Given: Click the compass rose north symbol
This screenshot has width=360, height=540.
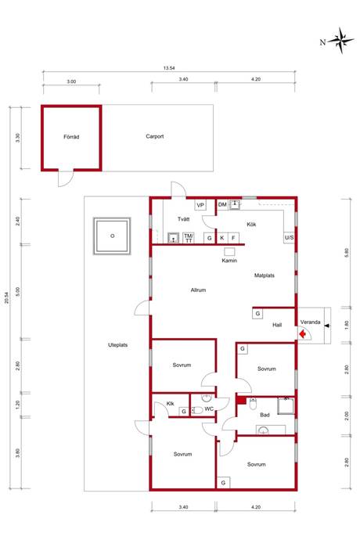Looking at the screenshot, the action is click(x=340, y=41).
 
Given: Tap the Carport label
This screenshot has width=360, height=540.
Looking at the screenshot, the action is click(x=155, y=136).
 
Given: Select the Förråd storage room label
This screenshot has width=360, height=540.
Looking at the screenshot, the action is click(x=71, y=137).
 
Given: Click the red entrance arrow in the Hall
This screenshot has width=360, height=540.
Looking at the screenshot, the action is click(x=302, y=333).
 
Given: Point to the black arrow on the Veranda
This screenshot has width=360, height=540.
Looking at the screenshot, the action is click(x=326, y=326).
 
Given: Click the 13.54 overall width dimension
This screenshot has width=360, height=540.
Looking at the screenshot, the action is click(x=169, y=68).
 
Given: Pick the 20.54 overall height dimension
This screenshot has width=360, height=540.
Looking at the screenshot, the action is click(x=6, y=298).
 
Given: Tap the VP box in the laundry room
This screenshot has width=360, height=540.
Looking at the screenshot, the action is click(x=200, y=205).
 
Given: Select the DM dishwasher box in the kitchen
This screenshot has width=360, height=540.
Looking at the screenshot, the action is click(x=222, y=204).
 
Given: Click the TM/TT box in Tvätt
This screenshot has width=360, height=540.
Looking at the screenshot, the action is click(x=189, y=238).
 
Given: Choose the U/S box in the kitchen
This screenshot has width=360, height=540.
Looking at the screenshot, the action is click(x=289, y=238).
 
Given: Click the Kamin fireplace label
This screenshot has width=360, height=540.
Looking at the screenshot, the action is click(x=229, y=261).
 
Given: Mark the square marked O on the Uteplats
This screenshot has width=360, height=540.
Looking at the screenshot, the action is click(x=112, y=236).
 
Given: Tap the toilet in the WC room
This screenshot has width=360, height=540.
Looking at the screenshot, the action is click(x=196, y=410).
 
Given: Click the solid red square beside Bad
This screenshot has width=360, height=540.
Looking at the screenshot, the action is click(x=241, y=401).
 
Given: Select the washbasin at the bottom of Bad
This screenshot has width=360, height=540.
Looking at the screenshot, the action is click(x=264, y=430).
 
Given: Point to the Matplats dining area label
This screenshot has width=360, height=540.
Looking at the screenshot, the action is click(x=265, y=275).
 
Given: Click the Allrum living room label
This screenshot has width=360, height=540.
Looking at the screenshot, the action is click(x=198, y=290).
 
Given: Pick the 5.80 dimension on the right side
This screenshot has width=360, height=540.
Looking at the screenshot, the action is click(x=347, y=253).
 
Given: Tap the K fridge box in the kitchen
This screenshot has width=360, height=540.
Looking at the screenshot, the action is click(x=222, y=238).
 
